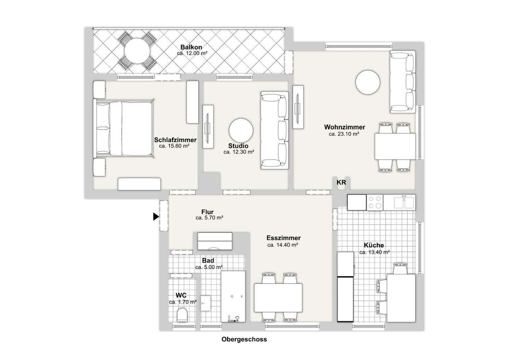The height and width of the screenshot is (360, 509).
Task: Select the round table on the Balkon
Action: tap(137, 51)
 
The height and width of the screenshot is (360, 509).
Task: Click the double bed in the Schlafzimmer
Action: tap(124, 128)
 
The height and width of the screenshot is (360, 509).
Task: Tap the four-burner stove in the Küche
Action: tap(375, 202)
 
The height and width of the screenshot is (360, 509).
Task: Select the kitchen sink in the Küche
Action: tap(404, 202)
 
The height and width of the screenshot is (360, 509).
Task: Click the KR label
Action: tap(341, 182)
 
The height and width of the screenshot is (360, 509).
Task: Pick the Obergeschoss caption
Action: tap(244, 340)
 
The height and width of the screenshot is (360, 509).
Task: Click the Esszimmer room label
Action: tap(283, 238)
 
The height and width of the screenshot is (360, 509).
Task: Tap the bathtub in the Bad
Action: tap(233, 297)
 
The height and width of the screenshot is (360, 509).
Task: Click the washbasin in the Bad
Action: tap(205, 303)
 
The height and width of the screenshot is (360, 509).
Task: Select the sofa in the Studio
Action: tap(274, 130)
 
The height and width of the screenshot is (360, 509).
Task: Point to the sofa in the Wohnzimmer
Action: tap(402, 82)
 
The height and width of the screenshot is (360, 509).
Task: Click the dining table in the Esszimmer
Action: tap(278, 297)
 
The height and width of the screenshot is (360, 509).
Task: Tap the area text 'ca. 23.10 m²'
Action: tap(344, 134)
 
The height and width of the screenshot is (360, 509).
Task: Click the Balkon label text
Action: tap(191, 47)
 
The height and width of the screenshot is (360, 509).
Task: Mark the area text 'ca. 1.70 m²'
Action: tap(182, 302)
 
